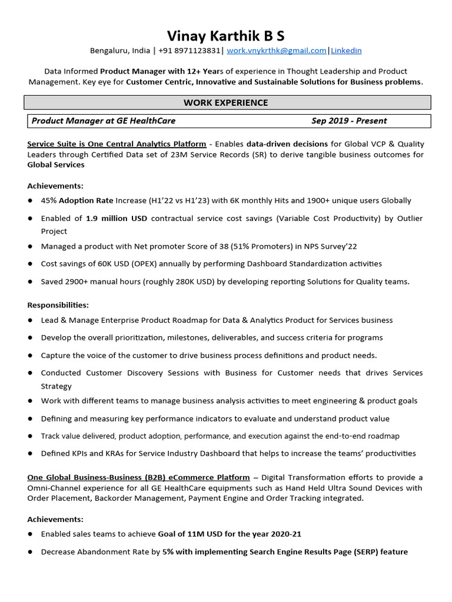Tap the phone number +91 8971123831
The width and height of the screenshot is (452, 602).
point(190,51)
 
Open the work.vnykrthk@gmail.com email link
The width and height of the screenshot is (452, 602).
point(277,51)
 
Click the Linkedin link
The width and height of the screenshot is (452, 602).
point(346,51)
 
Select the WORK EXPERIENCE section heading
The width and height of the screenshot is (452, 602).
point(226,103)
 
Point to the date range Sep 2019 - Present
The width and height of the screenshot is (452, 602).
point(349,121)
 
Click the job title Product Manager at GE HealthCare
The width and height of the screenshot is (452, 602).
point(104,121)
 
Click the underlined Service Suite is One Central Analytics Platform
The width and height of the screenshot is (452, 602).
point(117,144)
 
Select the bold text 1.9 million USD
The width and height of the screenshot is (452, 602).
point(117,218)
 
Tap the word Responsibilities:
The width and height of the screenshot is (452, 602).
point(58,305)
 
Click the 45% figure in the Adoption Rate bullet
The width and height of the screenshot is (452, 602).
point(49,200)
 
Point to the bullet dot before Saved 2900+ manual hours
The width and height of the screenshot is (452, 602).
point(30,282)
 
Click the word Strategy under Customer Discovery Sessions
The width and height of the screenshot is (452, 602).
point(56,386)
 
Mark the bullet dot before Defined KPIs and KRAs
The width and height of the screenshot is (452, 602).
point(30,453)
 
